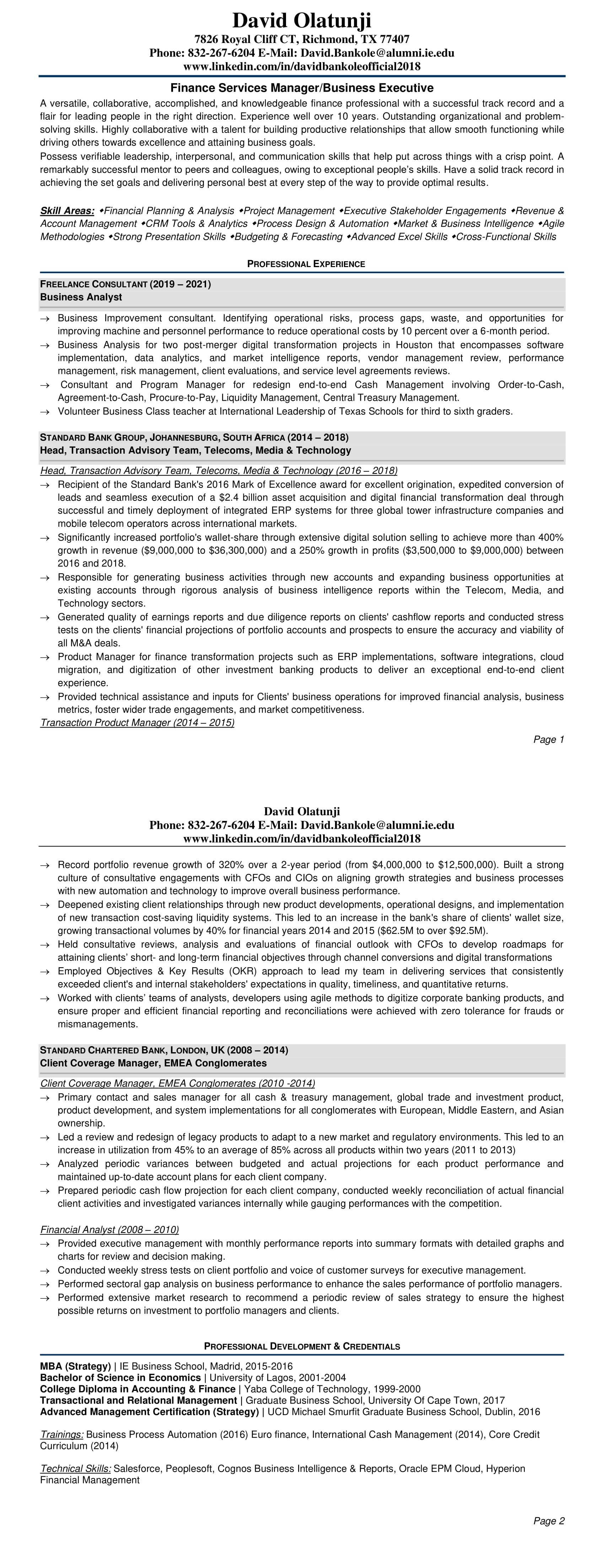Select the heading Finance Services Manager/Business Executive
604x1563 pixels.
click(302, 88)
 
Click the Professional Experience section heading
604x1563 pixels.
click(306, 264)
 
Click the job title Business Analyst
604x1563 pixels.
click(81, 297)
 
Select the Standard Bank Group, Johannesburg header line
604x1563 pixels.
click(194, 438)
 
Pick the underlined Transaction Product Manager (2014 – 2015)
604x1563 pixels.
click(137, 723)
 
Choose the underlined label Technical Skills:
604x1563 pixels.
click(76, 1464)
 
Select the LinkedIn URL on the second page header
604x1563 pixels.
click(302, 839)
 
